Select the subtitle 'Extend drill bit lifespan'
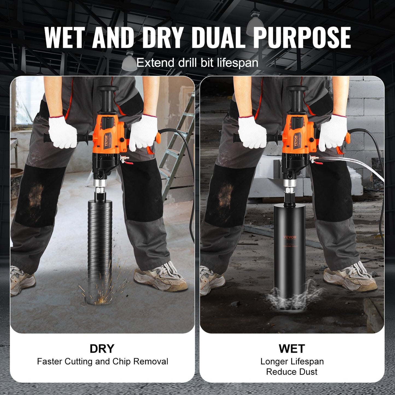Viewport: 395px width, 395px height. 197,63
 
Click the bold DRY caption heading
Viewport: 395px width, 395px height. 102,349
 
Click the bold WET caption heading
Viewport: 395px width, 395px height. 292,349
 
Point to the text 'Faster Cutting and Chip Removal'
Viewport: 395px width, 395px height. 103,361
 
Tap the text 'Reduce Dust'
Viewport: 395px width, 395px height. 292,372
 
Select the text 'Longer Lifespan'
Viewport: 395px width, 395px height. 292,361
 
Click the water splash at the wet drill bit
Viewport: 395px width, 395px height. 292,297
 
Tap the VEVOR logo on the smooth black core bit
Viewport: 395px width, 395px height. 290,237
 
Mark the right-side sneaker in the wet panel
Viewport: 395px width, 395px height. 350,276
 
